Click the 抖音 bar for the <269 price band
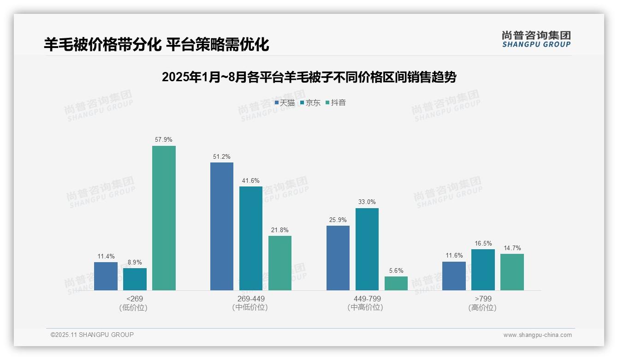pyautogui.click(x=164, y=218)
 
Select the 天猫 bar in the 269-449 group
pyautogui.click(x=222, y=226)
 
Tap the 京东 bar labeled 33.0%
pyautogui.click(x=367, y=249)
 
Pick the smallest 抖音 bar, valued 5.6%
pyautogui.click(x=396, y=283)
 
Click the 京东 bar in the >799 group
pyautogui.click(x=483, y=270)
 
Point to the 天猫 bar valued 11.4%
pyautogui.click(x=106, y=276)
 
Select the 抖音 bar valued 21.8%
pyautogui.click(x=280, y=263)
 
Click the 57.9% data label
pyautogui.click(x=164, y=139)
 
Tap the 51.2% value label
pyautogui.click(x=222, y=156)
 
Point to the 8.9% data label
pyautogui.click(x=135, y=262)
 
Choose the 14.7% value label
pyautogui.click(x=512, y=248)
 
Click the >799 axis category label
pyautogui.click(x=482, y=299)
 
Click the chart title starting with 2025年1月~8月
pyautogui.click(x=309, y=78)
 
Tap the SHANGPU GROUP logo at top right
pyautogui.click(x=536, y=39)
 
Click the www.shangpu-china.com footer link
pyautogui.click(x=537, y=335)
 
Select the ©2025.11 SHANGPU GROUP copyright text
pyautogui.click(x=92, y=335)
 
